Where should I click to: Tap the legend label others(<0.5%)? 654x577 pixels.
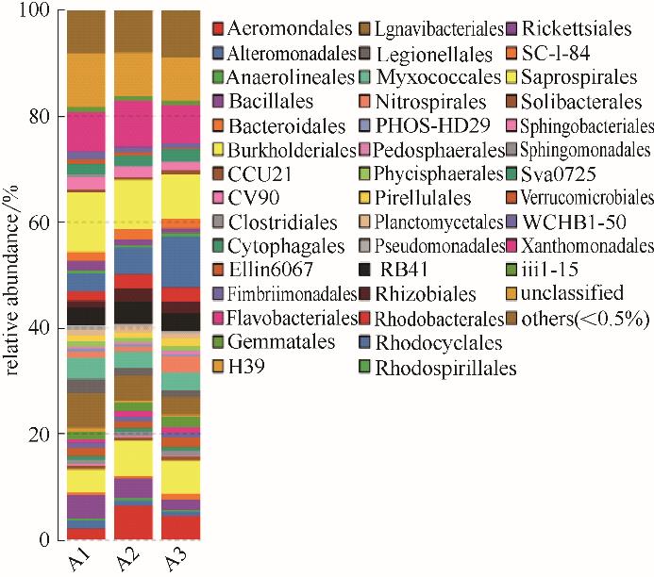tap(587, 320)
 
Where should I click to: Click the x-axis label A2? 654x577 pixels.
tap(126, 561)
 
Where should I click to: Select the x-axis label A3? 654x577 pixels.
tap(172, 561)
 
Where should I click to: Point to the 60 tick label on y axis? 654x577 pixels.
tap(43, 223)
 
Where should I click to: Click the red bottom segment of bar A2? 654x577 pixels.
tap(133, 522)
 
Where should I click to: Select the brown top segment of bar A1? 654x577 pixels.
tap(86, 32)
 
